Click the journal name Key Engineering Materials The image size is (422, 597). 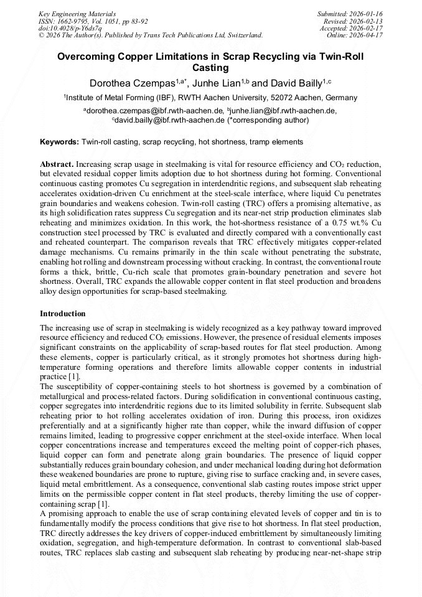(x=77, y=13)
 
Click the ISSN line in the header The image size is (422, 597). (x=93, y=21)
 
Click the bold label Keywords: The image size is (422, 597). (x=60, y=142)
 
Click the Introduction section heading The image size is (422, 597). (x=62, y=313)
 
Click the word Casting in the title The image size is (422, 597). (x=211, y=68)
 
